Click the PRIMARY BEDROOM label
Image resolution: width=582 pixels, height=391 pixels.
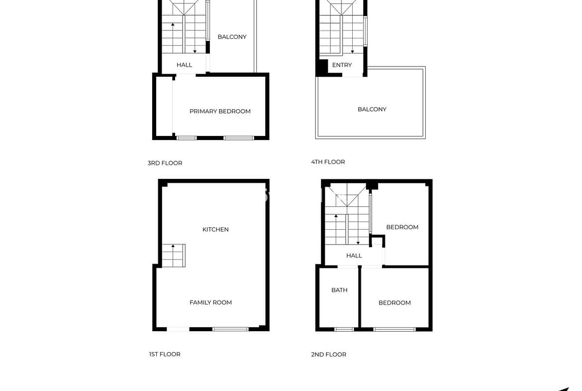click(x=220, y=111)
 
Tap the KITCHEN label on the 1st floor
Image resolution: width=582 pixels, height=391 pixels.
click(x=215, y=229)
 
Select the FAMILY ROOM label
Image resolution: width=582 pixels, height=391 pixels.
click(x=210, y=302)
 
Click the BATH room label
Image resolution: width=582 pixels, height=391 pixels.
click(x=339, y=290)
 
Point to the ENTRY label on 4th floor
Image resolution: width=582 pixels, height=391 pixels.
click(x=342, y=65)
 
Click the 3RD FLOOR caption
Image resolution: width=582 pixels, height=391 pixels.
click(x=165, y=163)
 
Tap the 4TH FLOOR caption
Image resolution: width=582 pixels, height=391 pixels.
click(x=328, y=162)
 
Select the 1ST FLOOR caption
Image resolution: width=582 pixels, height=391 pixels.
click(x=165, y=354)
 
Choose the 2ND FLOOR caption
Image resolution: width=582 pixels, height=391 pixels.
click(x=328, y=355)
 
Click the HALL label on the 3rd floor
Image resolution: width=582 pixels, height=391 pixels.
click(x=184, y=65)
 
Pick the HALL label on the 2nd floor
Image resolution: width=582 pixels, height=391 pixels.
click(x=354, y=256)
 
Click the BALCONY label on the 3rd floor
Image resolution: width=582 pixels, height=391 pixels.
click(x=232, y=37)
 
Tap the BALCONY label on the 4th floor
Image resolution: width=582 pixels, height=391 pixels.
click(x=372, y=109)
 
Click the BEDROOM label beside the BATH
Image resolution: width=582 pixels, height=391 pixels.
click(x=394, y=303)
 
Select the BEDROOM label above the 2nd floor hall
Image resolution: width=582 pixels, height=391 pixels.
click(x=402, y=227)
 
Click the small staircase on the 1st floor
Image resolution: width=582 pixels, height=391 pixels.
click(x=173, y=256)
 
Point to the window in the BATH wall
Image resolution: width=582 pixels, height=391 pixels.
click(x=344, y=329)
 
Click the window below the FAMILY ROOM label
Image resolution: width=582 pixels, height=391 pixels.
click(x=230, y=329)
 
